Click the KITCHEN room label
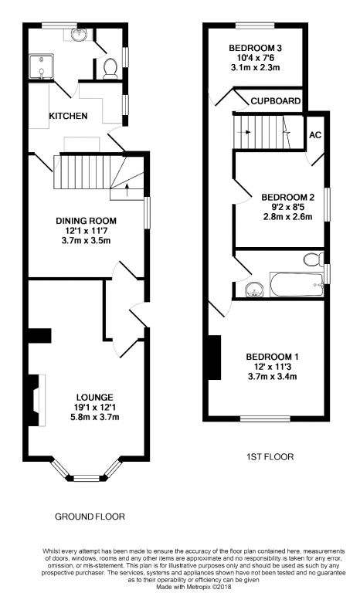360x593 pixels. (68, 116)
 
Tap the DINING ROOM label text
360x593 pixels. (87, 221)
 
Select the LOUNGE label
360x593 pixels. (95, 398)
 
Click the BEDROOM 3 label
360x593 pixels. (255, 48)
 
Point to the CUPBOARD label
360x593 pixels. (276, 101)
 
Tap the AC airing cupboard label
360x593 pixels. (315, 135)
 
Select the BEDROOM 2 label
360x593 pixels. (287, 198)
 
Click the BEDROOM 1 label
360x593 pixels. (272, 357)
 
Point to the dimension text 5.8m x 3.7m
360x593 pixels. (95, 417)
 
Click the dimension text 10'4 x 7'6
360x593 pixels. (255, 58)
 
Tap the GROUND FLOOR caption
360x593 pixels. (90, 517)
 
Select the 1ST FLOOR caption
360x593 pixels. (270, 457)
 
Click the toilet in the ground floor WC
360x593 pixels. (110, 69)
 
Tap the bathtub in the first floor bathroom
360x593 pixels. (297, 284)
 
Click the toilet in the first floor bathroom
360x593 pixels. (313, 259)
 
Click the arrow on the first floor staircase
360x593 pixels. (244, 132)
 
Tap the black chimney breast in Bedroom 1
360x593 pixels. (215, 357)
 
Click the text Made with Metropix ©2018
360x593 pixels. (193, 587)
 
